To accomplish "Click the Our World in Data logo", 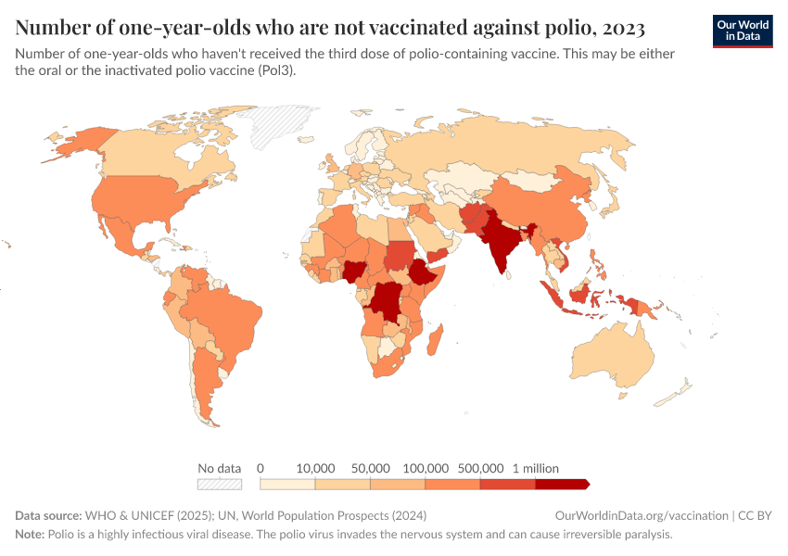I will [742, 31].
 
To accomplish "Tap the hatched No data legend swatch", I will [220, 484].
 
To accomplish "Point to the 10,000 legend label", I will [315, 468].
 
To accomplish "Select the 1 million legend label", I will [535, 468].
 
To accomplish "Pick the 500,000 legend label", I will [480, 468].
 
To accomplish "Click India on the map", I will [501, 246].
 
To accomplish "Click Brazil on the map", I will [227, 320].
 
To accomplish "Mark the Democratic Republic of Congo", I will [384, 302].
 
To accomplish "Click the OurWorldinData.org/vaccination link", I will [640, 515].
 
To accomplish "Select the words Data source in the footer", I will [47, 515].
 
